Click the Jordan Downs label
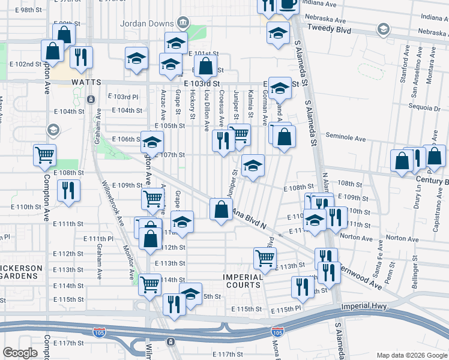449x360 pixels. click(x=146, y=24)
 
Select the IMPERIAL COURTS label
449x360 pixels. click(x=243, y=281)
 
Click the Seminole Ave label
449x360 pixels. click(x=346, y=138)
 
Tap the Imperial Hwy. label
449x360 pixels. click(x=364, y=306)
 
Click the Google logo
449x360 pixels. click(x=20, y=353)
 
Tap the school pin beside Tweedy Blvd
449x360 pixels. click(x=278, y=34)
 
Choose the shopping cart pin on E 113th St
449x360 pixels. click(x=265, y=258)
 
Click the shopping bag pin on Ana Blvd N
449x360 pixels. click(x=221, y=209)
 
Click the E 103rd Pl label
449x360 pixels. click(x=122, y=97)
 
